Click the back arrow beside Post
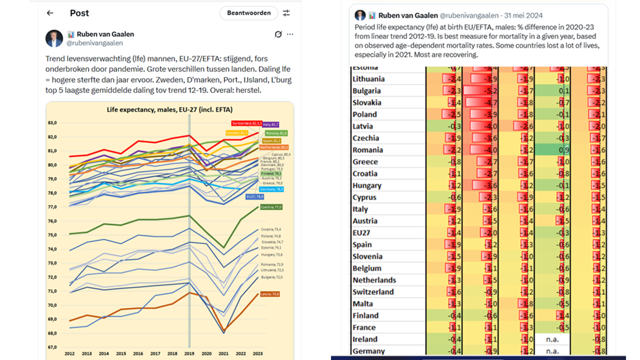[50, 13]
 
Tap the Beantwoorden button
[248, 13]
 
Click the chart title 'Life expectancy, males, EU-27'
[169, 109]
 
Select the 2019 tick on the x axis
[189, 353]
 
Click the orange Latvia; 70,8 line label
[269, 294]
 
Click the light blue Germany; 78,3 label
[272, 189]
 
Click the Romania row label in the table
[367, 150]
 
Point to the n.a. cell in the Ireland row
[552, 339]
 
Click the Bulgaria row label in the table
[366, 91]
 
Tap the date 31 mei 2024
[522, 16]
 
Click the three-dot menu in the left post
[290, 34]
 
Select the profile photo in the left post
[54, 38]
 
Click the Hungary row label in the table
[367, 185]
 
